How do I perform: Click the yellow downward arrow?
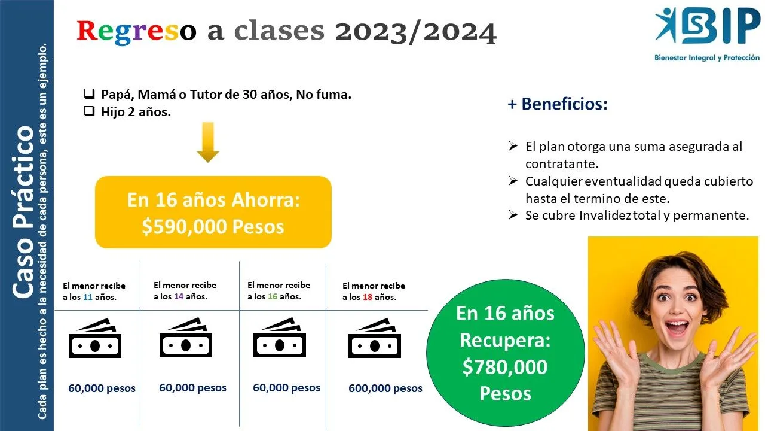click(x=208, y=142)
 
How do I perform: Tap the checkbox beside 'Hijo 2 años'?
click(x=89, y=111)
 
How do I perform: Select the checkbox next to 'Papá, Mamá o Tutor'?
click(x=89, y=93)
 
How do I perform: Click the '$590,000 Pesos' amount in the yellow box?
click(x=213, y=227)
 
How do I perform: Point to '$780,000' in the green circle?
click(x=505, y=367)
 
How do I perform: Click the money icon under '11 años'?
click(x=95, y=338)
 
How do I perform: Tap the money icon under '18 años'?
click(x=375, y=338)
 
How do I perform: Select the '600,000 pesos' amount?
click(x=385, y=388)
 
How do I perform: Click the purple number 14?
click(x=179, y=296)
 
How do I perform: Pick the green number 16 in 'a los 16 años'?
click(x=273, y=296)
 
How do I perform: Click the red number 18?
click(x=368, y=297)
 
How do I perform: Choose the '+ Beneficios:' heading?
click(x=558, y=104)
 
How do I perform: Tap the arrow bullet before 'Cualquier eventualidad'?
click(x=513, y=181)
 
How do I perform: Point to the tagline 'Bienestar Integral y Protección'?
click(x=707, y=58)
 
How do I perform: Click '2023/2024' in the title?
click(x=415, y=32)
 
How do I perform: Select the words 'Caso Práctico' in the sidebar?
click(x=23, y=212)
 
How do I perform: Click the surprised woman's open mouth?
click(x=677, y=326)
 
